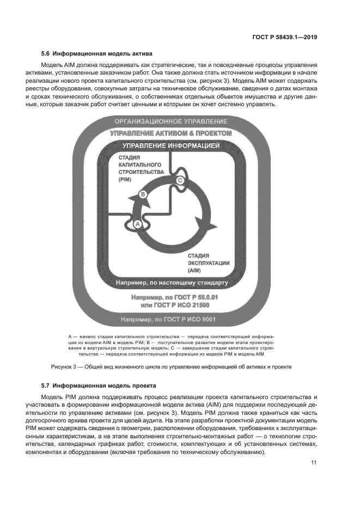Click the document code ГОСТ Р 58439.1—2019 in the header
pos(285,38)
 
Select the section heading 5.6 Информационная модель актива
pos(97,53)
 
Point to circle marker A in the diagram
pos(138,224)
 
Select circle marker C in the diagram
pos(180,181)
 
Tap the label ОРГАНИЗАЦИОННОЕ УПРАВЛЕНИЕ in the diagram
pos(170,121)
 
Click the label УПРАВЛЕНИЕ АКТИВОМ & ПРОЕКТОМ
pos(170,133)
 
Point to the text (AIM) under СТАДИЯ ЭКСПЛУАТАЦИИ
pos(195,269)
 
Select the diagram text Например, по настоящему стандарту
pos(170,283)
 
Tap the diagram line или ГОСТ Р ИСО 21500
pos(170,306)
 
